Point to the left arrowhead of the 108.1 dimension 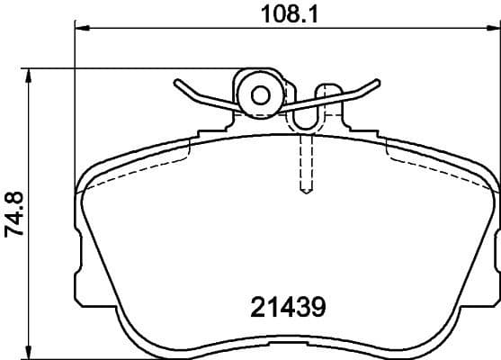click(79, 30)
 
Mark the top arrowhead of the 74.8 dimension click(33, 73)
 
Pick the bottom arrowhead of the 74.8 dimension click(33, 352)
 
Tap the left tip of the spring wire click(174, 83)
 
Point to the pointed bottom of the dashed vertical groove click(305, 192)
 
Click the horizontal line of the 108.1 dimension click(180, 30)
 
